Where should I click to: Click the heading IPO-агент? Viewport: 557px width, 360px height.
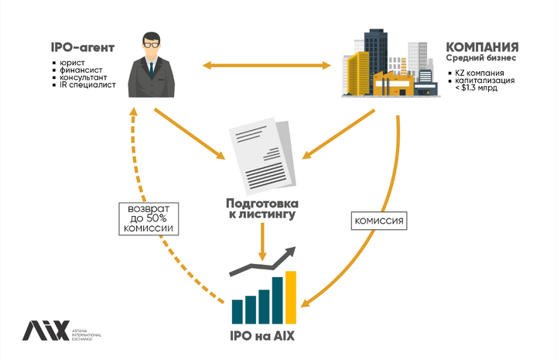click(83, 47)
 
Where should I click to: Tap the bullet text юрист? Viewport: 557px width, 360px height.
click(72, 63)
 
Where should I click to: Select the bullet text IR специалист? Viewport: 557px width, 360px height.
click(87, 85)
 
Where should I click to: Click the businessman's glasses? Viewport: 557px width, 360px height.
click(152, 45)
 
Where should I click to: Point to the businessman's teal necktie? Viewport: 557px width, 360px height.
click(152, 70)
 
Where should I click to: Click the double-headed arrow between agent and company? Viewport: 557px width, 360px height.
click(267, 65)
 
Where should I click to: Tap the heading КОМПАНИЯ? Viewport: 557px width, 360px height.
click(482, 47)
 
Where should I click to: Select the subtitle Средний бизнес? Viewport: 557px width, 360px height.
click(481, 58)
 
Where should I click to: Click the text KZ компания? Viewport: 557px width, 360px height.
click(480, 73)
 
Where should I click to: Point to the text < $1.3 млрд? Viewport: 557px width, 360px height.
click(477, 87)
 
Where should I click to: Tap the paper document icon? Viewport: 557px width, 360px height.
click(262, 155)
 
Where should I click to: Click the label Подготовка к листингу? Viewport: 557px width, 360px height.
click(262, 209)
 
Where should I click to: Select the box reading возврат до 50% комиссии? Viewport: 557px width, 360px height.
click(149, 219)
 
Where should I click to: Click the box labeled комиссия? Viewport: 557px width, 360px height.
click(379, 221)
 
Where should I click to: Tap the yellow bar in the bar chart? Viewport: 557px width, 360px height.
click(291, 297)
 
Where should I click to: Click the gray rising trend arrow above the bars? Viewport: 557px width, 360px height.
click(263, 261)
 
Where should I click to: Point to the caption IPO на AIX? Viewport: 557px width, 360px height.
click(262, 336)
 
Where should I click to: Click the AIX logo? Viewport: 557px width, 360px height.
click(62, 331)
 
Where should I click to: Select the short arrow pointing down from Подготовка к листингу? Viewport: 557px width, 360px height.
click(262, 242)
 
